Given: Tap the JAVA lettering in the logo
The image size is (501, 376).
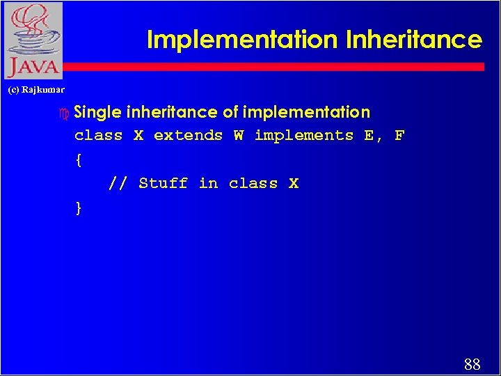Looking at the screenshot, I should pos(33,68).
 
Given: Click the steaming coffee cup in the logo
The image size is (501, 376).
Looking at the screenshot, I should pos(31,32).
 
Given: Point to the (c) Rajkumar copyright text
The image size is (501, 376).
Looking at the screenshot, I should pos(36,90).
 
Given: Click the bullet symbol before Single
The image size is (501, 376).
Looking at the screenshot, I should pos(65,113).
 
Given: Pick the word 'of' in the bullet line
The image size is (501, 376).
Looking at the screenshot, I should pos(230,112).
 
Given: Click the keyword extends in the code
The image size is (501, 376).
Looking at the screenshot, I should pos(188,136).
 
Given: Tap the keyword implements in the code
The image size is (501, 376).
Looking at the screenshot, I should pos(304,136).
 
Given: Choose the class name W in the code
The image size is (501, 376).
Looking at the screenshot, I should pos(239,136).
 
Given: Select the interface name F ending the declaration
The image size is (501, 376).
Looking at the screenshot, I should pos(399,136).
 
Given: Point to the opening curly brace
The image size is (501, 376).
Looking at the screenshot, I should pos(79,160).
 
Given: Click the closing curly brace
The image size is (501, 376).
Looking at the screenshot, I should pos(79,207).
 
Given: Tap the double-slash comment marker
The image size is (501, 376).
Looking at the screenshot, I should pos(118,184).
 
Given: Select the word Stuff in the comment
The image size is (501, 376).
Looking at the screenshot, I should pos(163,184).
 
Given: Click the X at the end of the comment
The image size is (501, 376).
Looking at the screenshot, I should pos(294,184).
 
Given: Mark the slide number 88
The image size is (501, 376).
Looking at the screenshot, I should pos(471,364).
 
